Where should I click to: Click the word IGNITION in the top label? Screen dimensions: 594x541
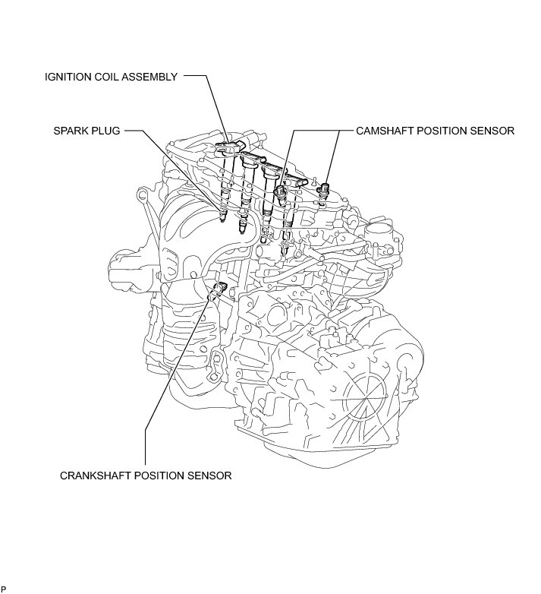point(68,77)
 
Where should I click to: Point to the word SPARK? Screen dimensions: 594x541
point(71,131)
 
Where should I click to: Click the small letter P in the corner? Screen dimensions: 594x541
point(4,589)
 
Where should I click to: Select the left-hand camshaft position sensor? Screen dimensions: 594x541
point(281,194)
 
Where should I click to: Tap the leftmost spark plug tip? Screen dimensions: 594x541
point(222,219)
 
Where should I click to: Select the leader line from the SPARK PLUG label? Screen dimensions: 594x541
point(175,167)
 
